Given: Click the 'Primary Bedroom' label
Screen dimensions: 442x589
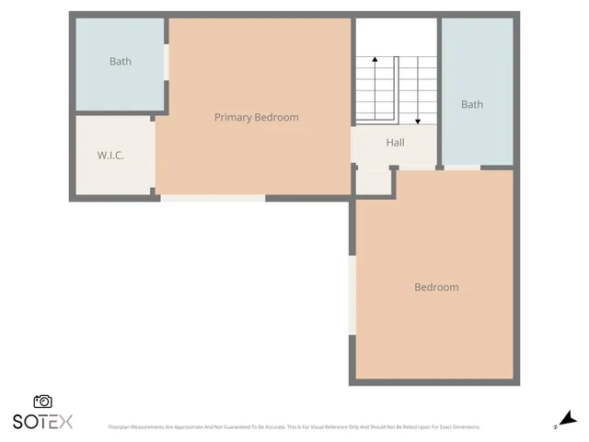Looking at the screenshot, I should pos(256,117).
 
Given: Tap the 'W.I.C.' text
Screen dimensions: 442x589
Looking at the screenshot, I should pos(110,156).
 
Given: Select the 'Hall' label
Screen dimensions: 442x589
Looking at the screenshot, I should pos(395,143).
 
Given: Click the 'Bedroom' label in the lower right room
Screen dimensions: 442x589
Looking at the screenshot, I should pos(435,287).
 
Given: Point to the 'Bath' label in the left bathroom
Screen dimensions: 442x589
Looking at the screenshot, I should pos(121,62).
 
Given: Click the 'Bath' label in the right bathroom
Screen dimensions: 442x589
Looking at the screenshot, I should pos(471,104).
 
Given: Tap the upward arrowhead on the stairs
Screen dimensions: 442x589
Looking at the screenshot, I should pos(375,60).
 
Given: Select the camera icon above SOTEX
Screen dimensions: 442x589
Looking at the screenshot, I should pos(42,401).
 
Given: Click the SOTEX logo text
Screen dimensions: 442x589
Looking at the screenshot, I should pos(42,422).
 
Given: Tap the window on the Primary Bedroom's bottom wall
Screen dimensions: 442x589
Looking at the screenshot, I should pos(213,197).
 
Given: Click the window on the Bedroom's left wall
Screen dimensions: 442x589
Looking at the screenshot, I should pos(352,295).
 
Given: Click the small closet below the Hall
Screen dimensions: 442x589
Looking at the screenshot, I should pos(373,181).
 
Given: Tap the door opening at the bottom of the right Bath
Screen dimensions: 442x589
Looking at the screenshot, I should pos(463,168).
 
